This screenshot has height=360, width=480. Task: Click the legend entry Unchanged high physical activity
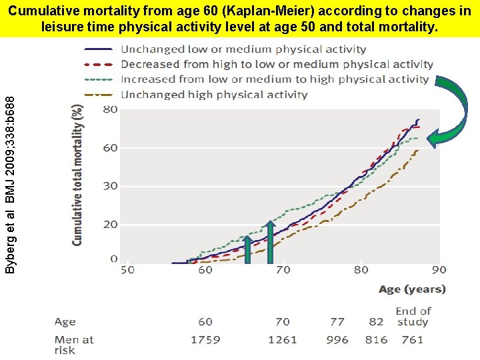click(214, 95)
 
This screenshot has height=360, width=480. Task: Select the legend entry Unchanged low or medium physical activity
click(243, 49)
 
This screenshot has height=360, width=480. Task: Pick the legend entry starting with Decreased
click(277, 65)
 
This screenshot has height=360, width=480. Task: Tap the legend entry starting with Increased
click(275, 79)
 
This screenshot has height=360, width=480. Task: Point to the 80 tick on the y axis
click(110, 109)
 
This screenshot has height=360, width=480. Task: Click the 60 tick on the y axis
click(110, 147)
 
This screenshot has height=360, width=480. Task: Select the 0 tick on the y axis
click(113, 259)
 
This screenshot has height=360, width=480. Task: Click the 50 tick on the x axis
click(127, 270)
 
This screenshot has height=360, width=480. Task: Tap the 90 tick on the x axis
click(439, 270)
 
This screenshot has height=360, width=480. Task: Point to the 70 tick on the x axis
click(283, 270)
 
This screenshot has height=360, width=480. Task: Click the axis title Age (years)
click(412, 289)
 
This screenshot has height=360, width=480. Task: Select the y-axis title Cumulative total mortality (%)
click(78, 174)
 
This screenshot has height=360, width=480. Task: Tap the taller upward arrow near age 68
click(269, 243)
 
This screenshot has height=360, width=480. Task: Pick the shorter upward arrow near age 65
click(247, 250)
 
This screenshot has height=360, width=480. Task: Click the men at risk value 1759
click(205, 339)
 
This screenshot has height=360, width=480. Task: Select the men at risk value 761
click(413, 339)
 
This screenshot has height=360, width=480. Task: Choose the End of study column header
click(413, 316)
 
